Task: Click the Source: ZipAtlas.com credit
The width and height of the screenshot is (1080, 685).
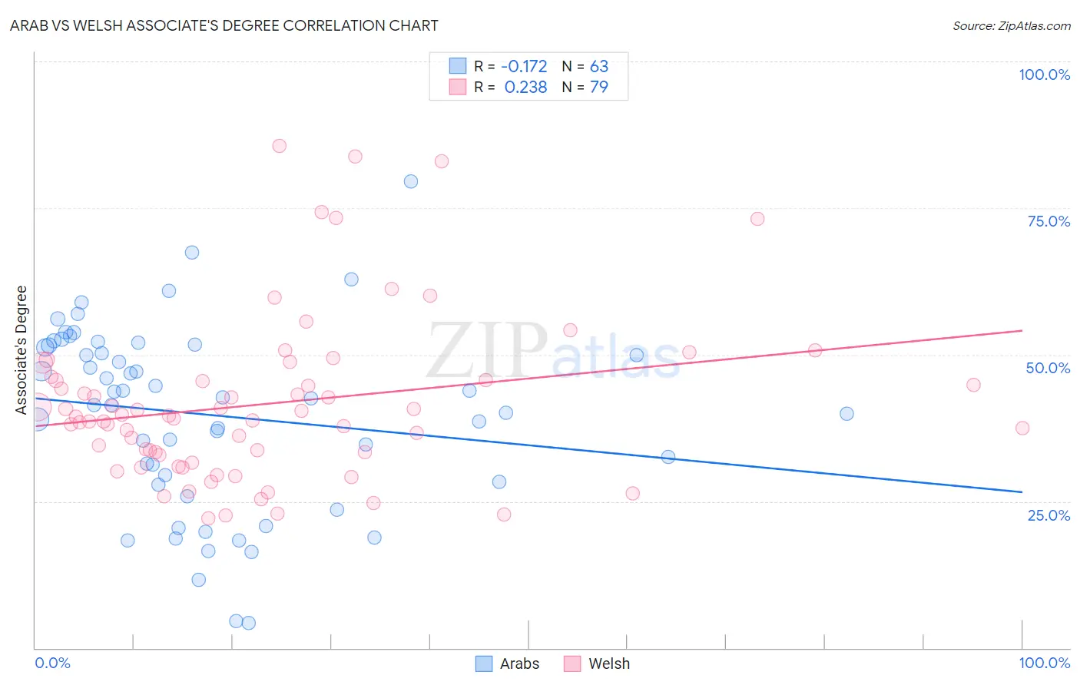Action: coord(1011,26)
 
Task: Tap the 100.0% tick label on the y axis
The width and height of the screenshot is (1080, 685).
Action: coord(1044,74)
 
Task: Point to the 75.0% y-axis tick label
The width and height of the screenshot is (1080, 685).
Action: coord(1049,221)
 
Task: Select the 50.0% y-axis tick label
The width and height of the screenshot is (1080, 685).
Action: coord(1048,368)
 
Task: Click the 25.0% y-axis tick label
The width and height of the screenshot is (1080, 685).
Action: coord(1049,515)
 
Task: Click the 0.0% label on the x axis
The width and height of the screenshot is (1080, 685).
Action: coord(52,663)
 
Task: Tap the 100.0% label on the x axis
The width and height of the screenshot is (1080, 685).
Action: coord(1044,663)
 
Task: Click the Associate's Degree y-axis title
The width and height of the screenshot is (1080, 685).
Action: coord(22,350)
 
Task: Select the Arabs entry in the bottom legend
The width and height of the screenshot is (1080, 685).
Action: coord(519,663)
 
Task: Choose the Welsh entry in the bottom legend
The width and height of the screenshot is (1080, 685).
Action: coord(608,663)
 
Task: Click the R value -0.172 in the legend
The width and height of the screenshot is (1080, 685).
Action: coord(524,67)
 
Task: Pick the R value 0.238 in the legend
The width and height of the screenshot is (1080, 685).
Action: coord(525,88)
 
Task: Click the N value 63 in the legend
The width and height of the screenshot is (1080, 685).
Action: coord(598,67)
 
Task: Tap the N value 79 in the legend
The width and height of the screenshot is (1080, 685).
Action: coord(598,88)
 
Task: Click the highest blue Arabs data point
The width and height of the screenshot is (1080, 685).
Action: coord(411,181)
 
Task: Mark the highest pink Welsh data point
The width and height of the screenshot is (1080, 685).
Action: coord(280,146)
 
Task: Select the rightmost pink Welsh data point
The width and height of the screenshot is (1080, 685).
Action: coord(1022,428)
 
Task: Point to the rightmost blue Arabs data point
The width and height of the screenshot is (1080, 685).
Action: coord(846,413)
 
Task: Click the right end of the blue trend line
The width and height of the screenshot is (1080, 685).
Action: coord(1022,491)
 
